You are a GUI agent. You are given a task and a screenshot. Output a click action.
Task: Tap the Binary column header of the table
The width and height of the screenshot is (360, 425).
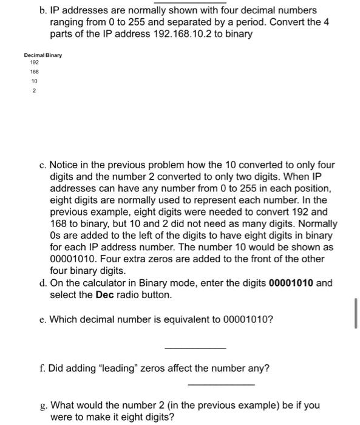[x=55, y=56]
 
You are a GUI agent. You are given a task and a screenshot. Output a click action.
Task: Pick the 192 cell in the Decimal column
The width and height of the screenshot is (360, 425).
[x=33, y=63]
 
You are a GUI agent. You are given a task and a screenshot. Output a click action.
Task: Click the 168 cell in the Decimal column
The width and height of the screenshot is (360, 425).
[x=33, y=71]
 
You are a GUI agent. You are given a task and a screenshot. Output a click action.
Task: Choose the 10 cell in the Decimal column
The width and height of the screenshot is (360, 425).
[x=34, y=80]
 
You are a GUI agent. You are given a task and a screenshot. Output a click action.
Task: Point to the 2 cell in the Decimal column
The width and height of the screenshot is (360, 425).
[x=34, y=90]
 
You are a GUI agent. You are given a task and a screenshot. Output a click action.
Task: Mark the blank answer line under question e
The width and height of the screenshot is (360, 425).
[x=195, y=348]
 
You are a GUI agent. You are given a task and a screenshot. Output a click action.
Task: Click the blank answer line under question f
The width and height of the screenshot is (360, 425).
[x=221, y=384]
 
